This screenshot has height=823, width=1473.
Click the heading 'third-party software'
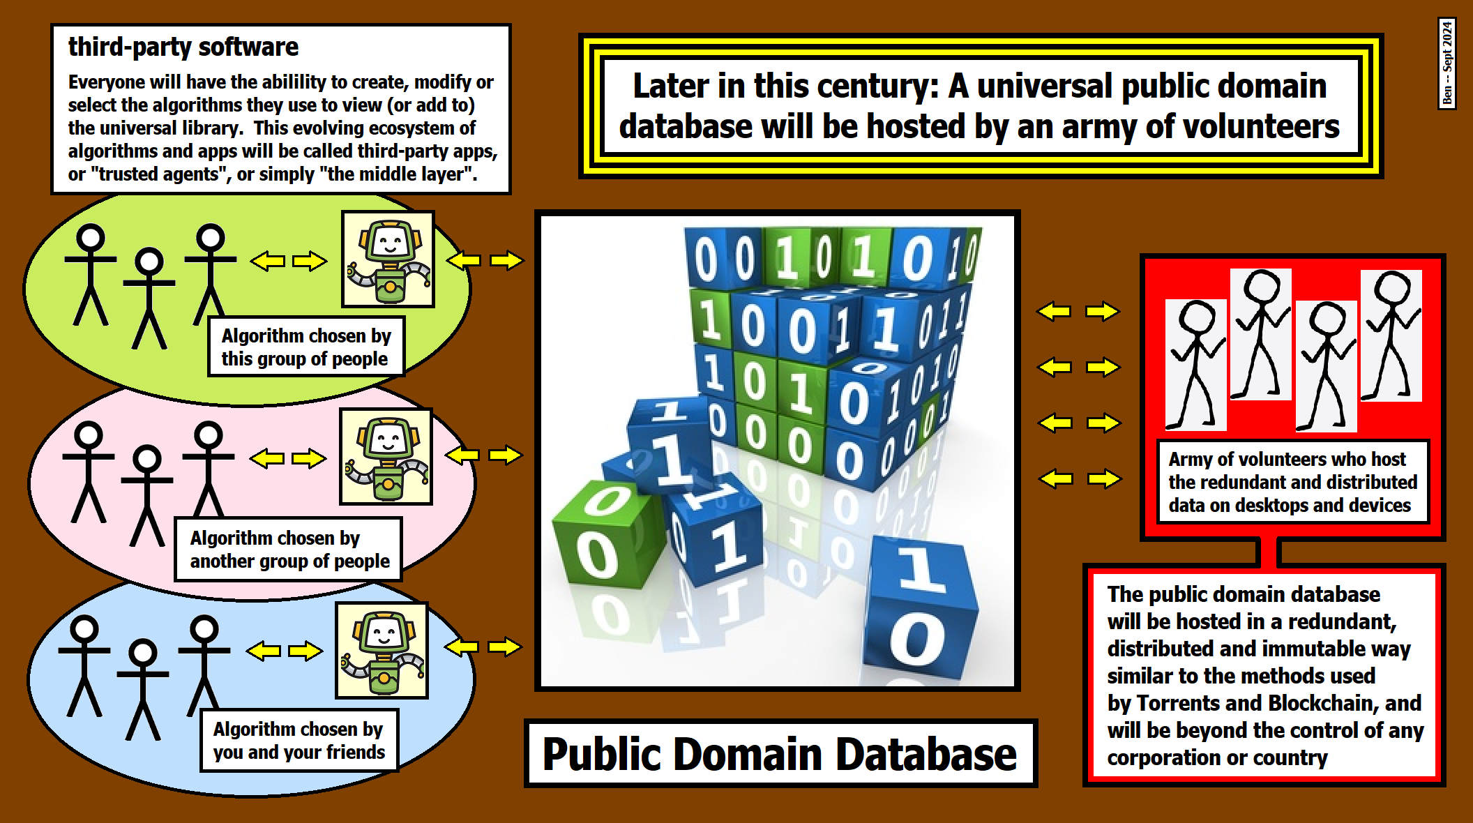(183, 47)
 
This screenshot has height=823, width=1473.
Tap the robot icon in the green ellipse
(388, 259)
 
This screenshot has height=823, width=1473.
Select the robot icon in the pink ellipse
(386, 457)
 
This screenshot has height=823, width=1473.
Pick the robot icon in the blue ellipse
(382, 651)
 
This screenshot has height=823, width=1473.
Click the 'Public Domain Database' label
(780, 754)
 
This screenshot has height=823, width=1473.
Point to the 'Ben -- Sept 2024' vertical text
(1447, 63)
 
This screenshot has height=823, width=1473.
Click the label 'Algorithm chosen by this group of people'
(305, 347)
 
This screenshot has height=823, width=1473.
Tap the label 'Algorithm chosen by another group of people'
(289, 550)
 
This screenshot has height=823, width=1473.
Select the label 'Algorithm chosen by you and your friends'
(299, 741)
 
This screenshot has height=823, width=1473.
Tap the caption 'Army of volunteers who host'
(1287, 459)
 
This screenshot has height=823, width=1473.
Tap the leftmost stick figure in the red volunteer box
(1195, 363)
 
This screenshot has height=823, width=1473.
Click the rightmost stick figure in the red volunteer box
(1391, 335)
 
